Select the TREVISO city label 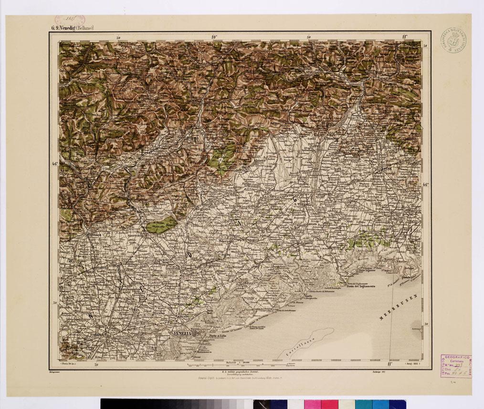pyautogui.click(x=172, y=269)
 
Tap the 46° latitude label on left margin pyautogui.click(x=54, y=164)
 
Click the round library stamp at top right pyautogui.click(x=453, y=40)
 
